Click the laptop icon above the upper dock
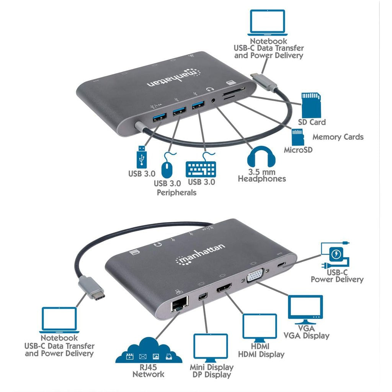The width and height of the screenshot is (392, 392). pyautogui.click(x=268, y=21)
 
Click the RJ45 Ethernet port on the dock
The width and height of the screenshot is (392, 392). pyautogui.click(x=180, y=305)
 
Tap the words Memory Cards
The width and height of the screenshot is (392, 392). pyautogui.click(x=338, y=137)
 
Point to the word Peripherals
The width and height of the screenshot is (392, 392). pyautogui.click(x=176, y=192)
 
